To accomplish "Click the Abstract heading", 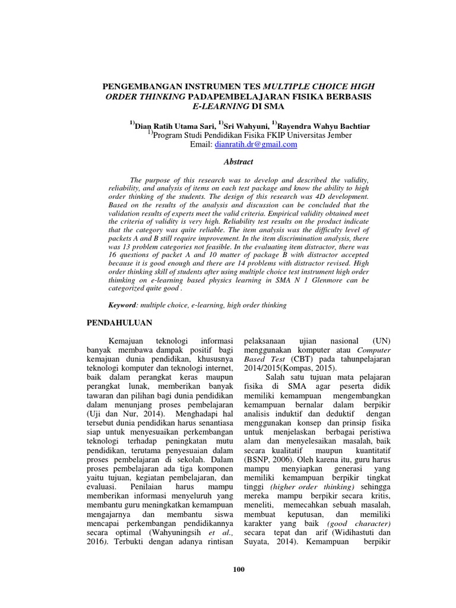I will point(237,161).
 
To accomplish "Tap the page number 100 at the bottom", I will point(238,570).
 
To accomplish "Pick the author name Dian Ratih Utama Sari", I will point(172,125).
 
